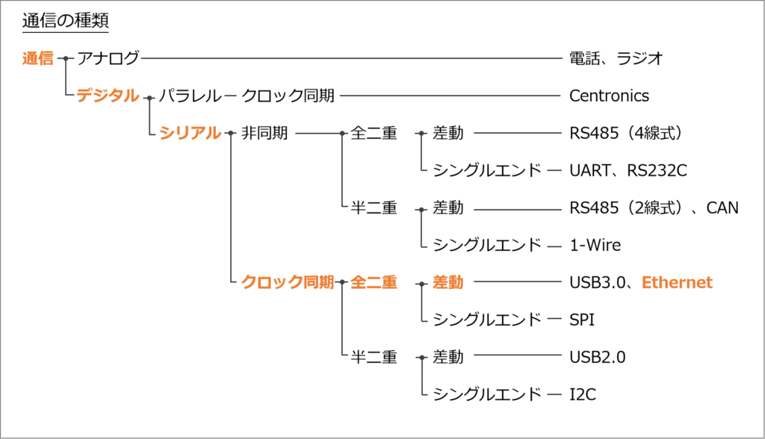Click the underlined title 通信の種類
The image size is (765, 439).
66,21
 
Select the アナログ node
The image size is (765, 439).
108,58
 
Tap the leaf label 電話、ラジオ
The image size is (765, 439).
616,58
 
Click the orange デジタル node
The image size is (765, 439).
108,96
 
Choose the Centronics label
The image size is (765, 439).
609,96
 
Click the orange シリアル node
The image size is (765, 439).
190,133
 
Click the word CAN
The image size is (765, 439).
721,208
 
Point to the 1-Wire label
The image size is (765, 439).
595,245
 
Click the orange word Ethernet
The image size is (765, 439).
677,282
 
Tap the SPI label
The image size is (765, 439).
582,320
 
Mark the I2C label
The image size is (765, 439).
582,394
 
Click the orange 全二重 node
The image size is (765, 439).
374,282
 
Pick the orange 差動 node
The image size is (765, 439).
448,282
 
